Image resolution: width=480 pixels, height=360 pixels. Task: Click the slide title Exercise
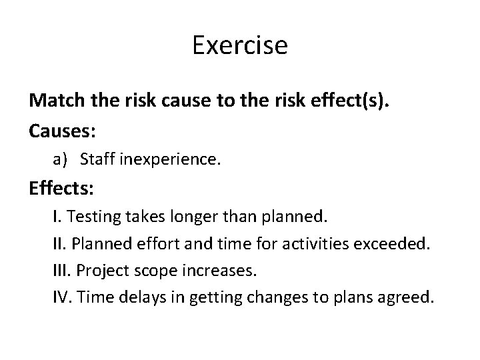[239, 46]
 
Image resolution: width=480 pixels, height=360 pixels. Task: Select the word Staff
[99, 160]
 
